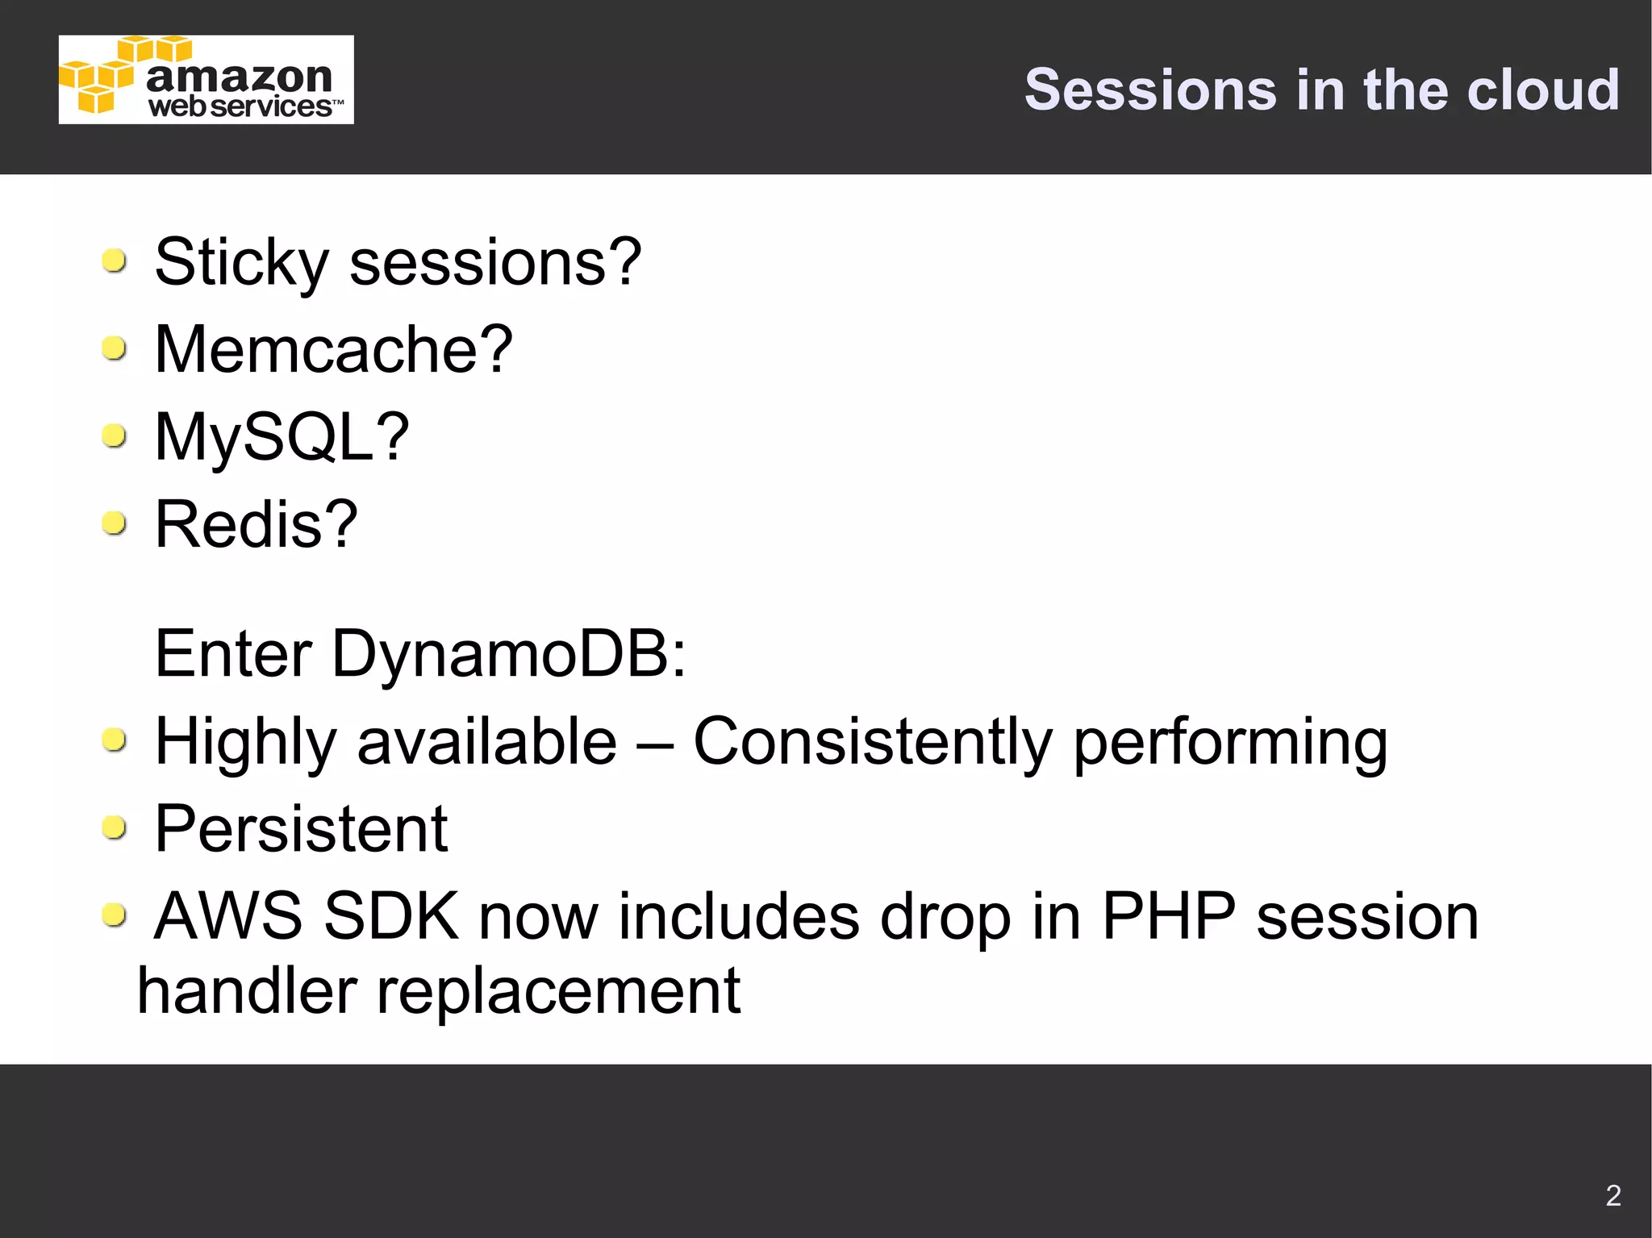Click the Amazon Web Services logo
[206, 80]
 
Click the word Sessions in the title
[1150, 90]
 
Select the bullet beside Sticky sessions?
[115, 261]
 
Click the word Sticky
[241, 263]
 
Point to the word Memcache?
[333, 350]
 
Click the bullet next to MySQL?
[115, 436]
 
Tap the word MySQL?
[282, 438]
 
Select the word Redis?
[256, 525]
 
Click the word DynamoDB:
[509, 653]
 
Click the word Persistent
[301, 829]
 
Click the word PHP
[1168, 917]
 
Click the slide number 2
[1612, 1195]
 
